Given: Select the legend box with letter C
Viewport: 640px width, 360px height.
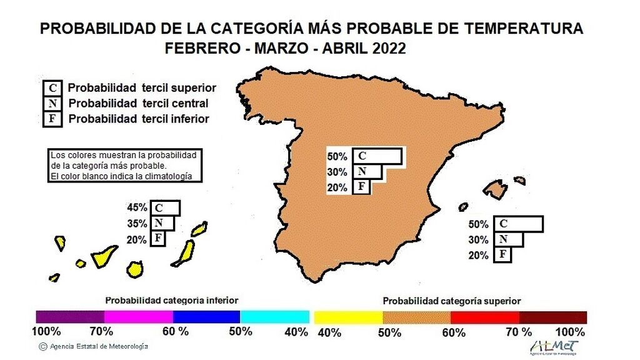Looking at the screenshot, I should click(52, 88).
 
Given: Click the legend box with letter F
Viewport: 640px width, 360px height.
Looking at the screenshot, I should click(52, 118).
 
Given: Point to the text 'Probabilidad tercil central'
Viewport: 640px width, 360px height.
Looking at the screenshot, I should click(138, 103).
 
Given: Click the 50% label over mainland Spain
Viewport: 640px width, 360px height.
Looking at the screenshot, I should click(337, 156).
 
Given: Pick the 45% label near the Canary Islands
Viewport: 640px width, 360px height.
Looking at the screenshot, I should click(137, 207).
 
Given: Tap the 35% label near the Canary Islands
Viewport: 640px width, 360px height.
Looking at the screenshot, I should click(137, 224).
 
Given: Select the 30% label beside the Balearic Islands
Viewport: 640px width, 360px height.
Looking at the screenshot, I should click(478, 239).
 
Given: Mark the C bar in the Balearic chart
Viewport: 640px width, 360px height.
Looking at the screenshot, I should click(517, 224).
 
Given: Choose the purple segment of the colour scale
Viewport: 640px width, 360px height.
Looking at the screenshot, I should click(70, 316).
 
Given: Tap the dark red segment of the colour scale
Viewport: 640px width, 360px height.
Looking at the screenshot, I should click(553, 317).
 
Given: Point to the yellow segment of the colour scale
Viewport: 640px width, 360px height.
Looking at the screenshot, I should click(348, 317).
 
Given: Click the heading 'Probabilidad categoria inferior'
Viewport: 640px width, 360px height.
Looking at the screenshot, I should click(171, 300).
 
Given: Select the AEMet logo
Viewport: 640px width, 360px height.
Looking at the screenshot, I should click(554, 347).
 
